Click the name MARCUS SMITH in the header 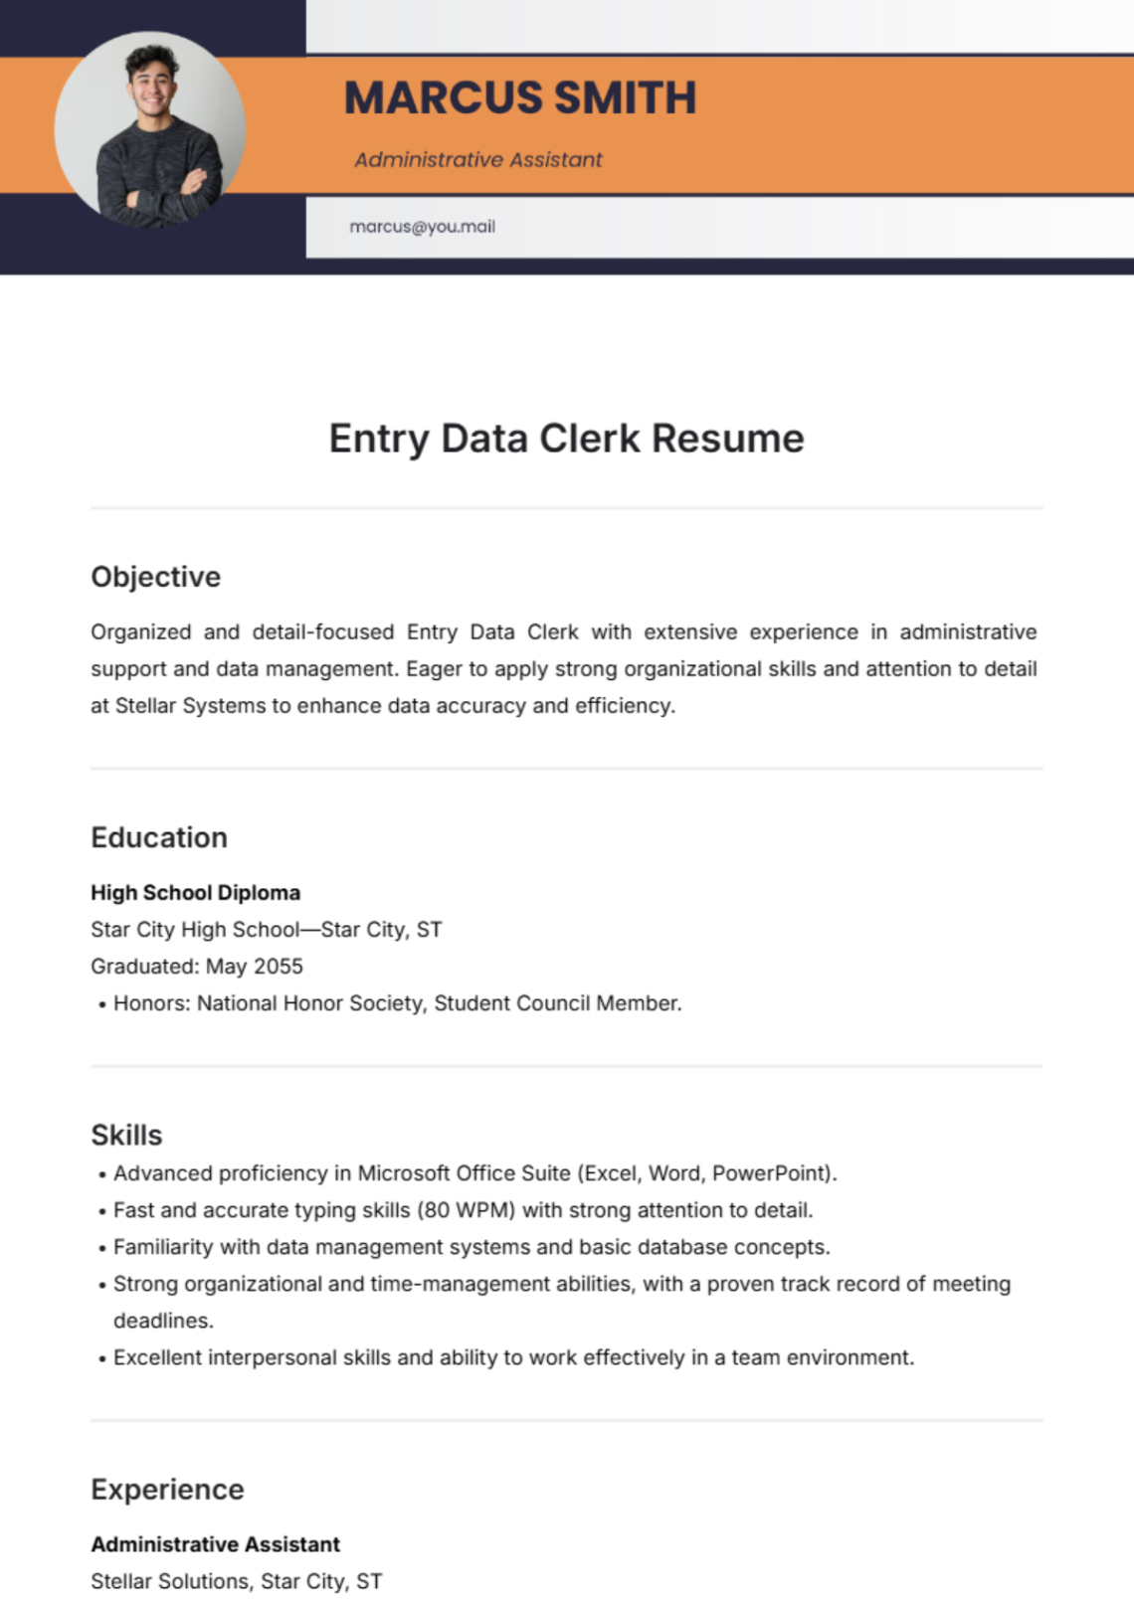tap(519, 98)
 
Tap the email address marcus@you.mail tap(422, 227)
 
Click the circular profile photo tap(150, 128)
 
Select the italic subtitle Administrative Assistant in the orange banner tap(477, 160)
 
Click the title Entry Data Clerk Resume tap(566, 439)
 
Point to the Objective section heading tap(155, 577)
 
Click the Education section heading tap(159, 837)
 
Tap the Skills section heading tap(126, 1135)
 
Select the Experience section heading tap(167, 1489)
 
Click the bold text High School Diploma tap(195, 893)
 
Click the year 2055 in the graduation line tap(278, 967)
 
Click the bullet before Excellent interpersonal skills tap(101, 1359)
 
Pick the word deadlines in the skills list tap(162, 1321)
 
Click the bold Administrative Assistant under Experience tap(215, 1544)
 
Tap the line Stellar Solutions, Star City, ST tap(236, 1581)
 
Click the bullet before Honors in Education tap(101, 1005)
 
